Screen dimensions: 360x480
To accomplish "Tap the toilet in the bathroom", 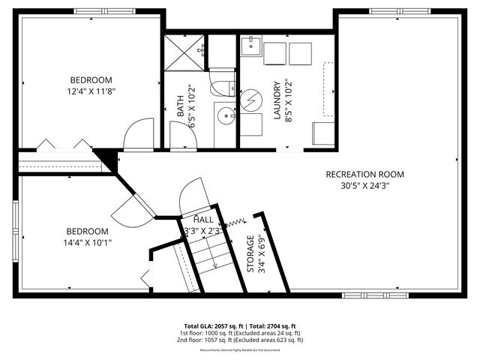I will click(223, 87).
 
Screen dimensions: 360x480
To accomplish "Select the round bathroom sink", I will click(224, 116).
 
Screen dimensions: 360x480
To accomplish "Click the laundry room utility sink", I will click(251, 48).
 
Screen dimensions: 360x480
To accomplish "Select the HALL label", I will click(202, 220).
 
